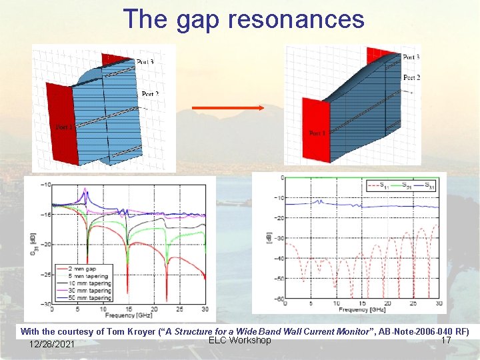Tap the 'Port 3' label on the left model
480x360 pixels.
coord(145,62)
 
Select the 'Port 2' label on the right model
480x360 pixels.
coord(411,77)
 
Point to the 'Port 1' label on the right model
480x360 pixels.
coord(317,133)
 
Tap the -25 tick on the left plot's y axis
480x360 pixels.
coord(45,274)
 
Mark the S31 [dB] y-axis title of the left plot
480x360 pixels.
coord(33,244)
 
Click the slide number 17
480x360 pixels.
coord(446,341)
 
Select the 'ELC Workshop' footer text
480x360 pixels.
coord(240,341)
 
